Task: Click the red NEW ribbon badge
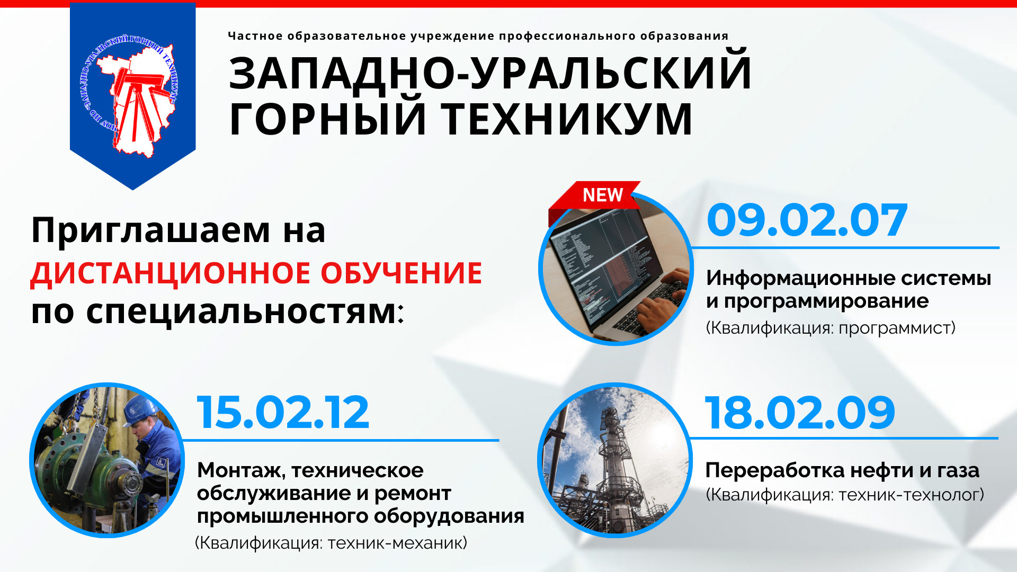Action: (x=594, y=198)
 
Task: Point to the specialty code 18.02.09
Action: (x=800, y=413)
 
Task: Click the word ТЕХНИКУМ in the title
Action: (x=567, y=119)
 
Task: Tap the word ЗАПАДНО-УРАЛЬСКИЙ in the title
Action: (x=490, y=72)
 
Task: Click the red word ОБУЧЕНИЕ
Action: (x=402, y=273)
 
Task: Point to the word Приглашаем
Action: (x=151, y=231)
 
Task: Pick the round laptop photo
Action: (x=616, y=268)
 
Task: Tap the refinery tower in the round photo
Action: (x=613, y=455)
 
